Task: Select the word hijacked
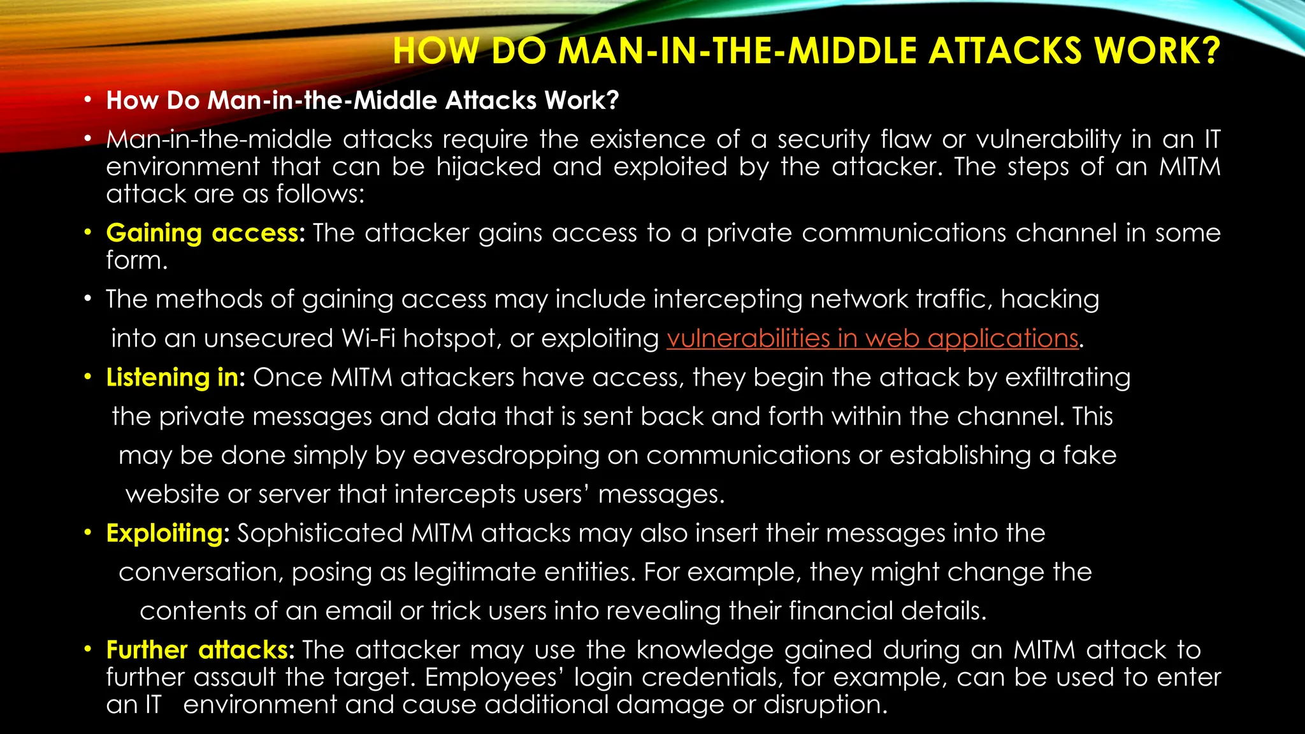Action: click(488, 167)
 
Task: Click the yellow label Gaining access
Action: click(202, 233)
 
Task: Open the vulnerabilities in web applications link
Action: click(872, 338)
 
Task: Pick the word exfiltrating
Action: click(1068, 378)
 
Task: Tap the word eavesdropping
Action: click(506, 456)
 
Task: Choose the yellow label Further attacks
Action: click(197, 650)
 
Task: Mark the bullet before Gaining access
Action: click(89, 233)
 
